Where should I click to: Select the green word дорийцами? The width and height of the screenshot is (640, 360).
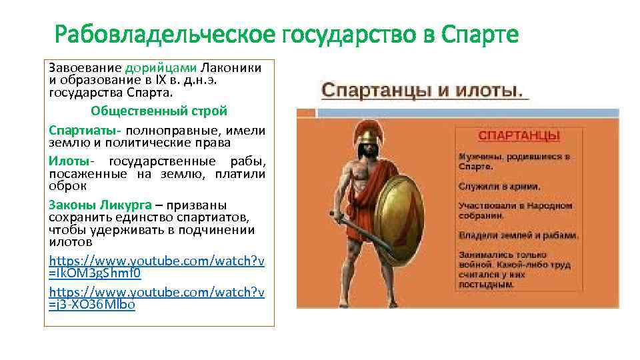(161, 67)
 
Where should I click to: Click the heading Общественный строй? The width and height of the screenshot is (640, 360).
(159, 110)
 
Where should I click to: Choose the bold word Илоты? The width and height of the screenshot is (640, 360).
(68, 161)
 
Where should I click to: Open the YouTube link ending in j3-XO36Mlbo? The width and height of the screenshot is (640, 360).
(157, 298)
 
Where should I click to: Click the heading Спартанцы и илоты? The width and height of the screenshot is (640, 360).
(423, 89)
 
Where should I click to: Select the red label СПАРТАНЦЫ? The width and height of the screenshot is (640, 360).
(519, 136)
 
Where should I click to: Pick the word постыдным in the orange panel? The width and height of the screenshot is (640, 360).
(486, 284)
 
